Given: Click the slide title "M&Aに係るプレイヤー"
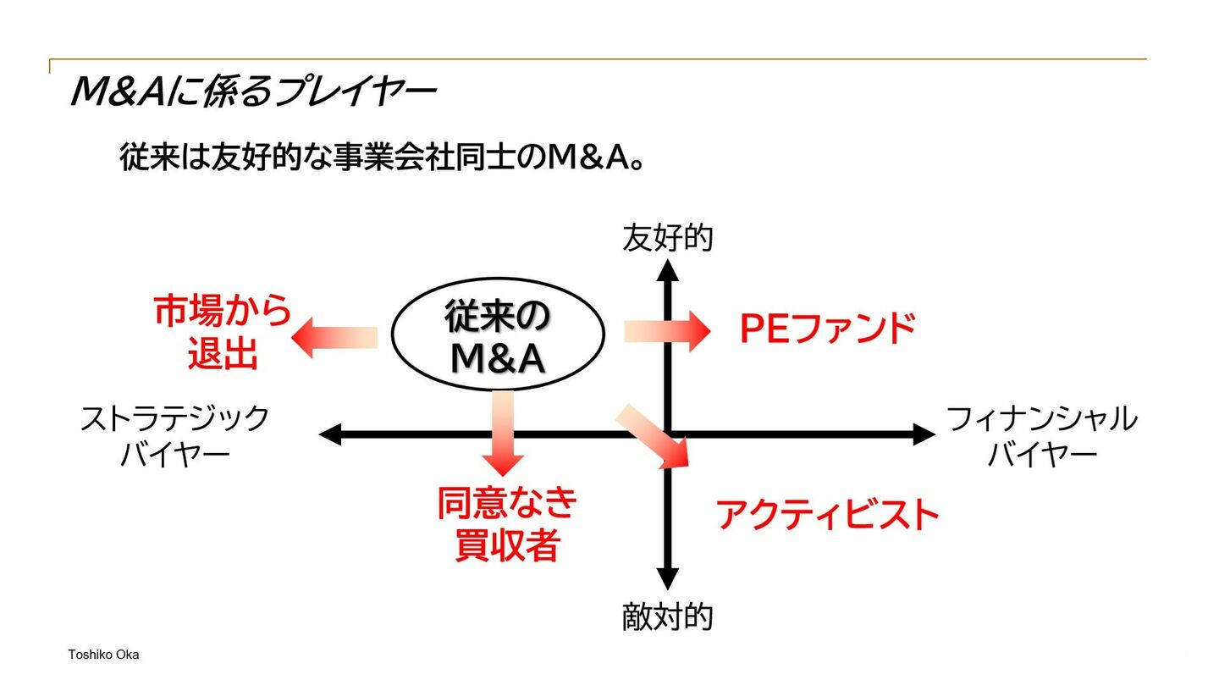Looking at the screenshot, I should (x=251, y=91).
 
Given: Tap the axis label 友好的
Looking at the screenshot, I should (x=667, y=238).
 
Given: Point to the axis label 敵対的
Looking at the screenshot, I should (x=667, y=617).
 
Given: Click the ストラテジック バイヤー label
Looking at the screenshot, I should (x=174, y=435).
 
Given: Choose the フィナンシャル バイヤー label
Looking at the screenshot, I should (x=1041, y=435).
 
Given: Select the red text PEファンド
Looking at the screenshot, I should (x=827, y=329).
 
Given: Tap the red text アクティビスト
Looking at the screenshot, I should (x=828, y=514).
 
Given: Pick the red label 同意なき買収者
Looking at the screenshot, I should (x=506, y=523).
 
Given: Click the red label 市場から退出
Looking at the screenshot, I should (x=223, y=332).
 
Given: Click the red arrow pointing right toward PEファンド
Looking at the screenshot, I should (x=667, y=331).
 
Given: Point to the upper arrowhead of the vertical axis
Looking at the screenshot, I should (x=668, y=271).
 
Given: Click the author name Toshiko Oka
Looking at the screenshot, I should (x=103, y=655).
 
